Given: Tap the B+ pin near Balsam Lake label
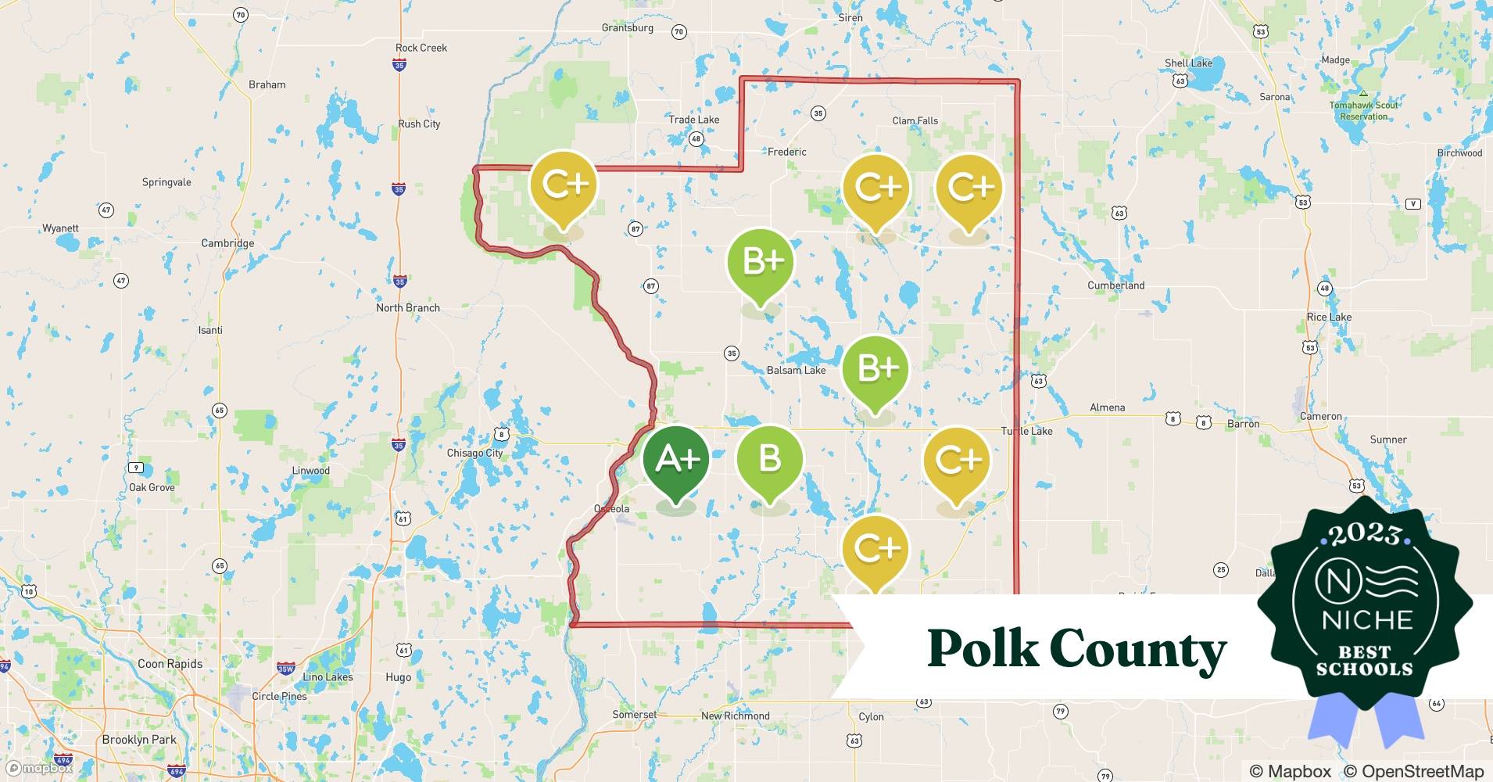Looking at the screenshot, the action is click(x=875, y=369).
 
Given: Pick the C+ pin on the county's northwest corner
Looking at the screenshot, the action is click(x=563, y=186).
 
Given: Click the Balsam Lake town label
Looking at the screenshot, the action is click(x=796, y=370).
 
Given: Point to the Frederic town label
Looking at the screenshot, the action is click(x=786, y=152).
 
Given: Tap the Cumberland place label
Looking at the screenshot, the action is click(x=1115, y=285).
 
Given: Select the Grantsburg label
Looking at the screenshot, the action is click(x=627, y=28).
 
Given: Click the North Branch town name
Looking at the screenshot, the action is click(x=407, y=308).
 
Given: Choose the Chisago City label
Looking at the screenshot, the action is click(x=474, y=453).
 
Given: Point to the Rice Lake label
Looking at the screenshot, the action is click(x=1329, y=317).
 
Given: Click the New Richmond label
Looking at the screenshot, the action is click(x=735, y=716).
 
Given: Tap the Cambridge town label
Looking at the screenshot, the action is click(x=227, y=243).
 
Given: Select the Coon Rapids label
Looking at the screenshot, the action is click(x=170, y=664).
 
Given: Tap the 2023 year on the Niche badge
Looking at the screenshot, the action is click(x=1364, y=534).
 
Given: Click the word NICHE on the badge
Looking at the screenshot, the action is click(x=1367, y=620).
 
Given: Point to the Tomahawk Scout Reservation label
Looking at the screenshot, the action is click(x=1363, y=110).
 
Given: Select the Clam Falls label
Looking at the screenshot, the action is click(x=915, y=120).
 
